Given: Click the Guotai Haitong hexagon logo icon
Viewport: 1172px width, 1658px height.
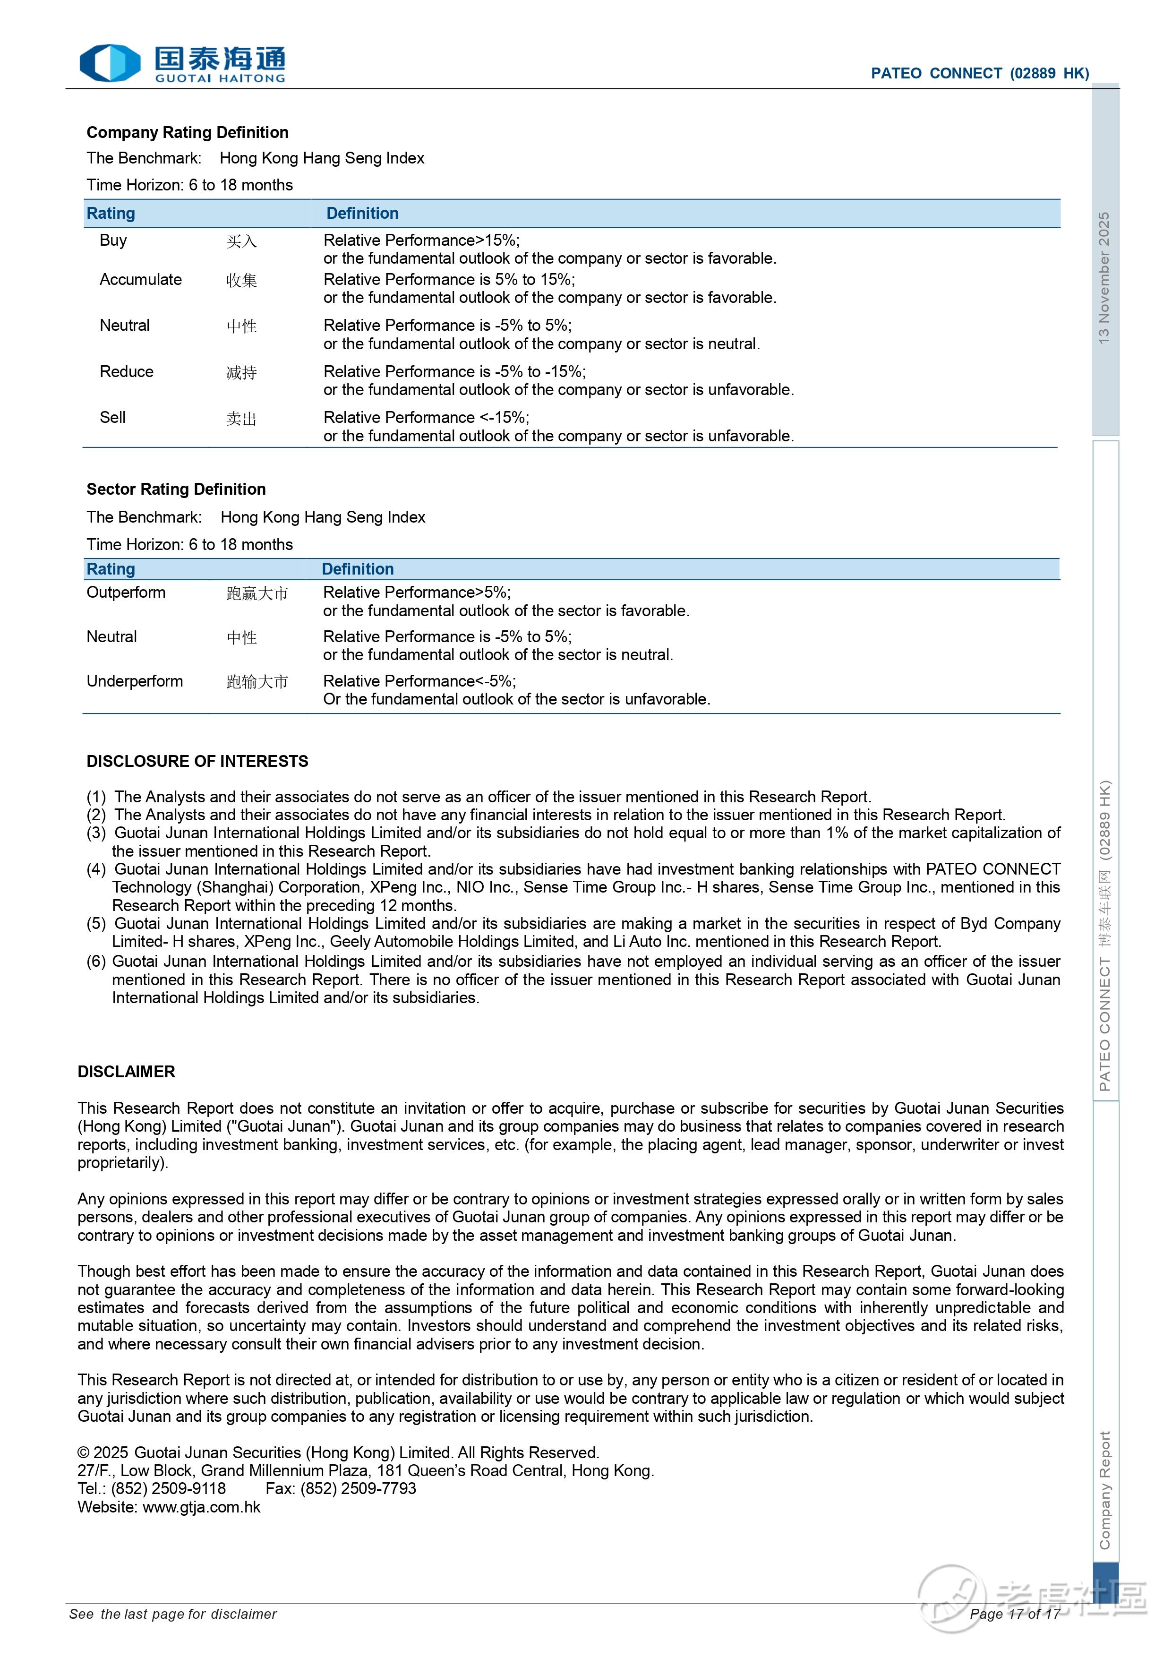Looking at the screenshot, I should coord(109,63).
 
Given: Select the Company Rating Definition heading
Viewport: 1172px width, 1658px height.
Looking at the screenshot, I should coord(187,132).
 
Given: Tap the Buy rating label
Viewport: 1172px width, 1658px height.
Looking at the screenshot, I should coord(113,241).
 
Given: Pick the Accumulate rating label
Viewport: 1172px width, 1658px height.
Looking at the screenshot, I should coord(141,279).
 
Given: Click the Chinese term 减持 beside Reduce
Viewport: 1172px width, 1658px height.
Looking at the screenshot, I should coord(241,373).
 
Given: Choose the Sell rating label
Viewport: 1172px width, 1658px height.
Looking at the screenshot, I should coord(112,417).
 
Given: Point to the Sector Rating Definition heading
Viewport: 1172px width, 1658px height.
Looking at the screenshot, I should coord(176,489).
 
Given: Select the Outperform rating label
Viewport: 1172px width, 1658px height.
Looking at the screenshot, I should coord(126,592).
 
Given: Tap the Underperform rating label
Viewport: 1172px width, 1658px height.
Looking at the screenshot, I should coord(134,681).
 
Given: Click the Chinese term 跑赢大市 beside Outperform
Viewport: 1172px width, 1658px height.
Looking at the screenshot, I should coord(257,593).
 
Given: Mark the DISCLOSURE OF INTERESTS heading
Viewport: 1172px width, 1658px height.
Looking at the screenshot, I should coord(197,761).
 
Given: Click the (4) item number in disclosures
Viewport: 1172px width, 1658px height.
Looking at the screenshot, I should coord(96,869).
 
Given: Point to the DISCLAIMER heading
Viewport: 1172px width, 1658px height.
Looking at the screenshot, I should coord(127,1072).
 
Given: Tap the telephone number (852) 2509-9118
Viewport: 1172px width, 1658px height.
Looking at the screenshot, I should coord(168,1488).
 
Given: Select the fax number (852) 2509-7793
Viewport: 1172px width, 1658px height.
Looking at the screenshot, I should coord(358,1488).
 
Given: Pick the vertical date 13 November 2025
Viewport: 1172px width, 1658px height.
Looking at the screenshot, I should coord(1104,277).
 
